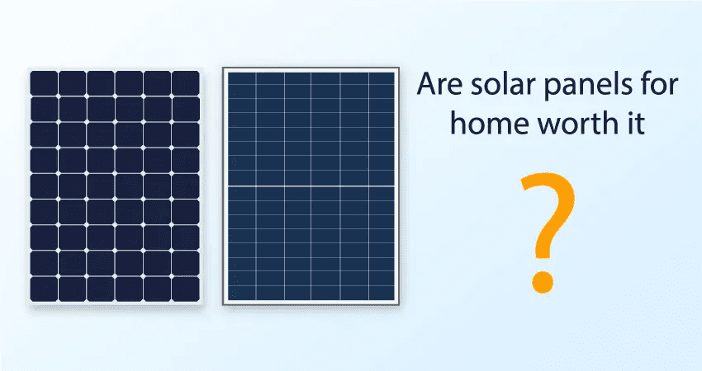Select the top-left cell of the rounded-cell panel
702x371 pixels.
click(44, 83)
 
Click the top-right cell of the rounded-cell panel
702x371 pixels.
click(186, 83)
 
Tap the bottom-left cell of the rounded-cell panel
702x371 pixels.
click(44, 289)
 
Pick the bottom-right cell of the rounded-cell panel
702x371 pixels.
click(186, 289)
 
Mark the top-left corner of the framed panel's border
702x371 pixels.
click(223, 68)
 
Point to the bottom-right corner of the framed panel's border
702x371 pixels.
click(398, 305)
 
